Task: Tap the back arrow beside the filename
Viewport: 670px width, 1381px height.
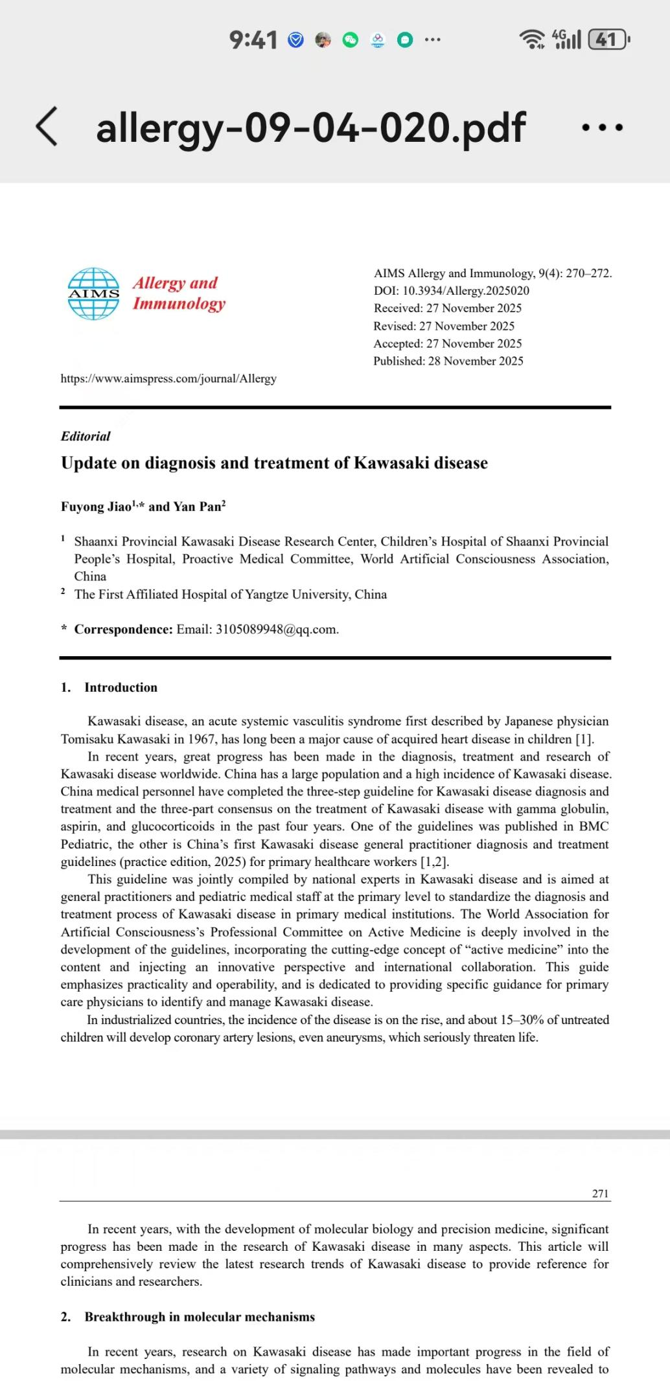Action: click(47, 126)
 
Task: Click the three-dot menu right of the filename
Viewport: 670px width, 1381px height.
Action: click(602, 128)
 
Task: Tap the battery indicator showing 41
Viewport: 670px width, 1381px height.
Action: click(607, 40)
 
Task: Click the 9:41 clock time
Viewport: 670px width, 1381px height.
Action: click(253, 41)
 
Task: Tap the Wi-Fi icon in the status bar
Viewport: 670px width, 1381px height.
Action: click(533, 40)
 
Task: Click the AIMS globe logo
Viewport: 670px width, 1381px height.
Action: click(94, 293)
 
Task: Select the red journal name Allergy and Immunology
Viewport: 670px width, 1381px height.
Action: click(179, 293)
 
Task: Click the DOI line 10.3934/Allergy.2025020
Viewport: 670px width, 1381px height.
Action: click(452, 291)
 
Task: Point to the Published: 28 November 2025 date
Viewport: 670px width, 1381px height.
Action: click(448, 361)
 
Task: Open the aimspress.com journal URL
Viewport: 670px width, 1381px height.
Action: click(168, 378)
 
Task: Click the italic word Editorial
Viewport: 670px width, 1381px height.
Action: click(86, 436)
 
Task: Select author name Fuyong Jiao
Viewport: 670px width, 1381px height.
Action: click(96, 507)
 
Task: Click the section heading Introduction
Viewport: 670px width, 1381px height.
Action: click(121, 687)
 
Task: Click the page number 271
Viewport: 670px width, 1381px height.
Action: click(600, 1193)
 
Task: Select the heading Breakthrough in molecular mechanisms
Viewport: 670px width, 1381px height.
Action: click(200, 1317)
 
